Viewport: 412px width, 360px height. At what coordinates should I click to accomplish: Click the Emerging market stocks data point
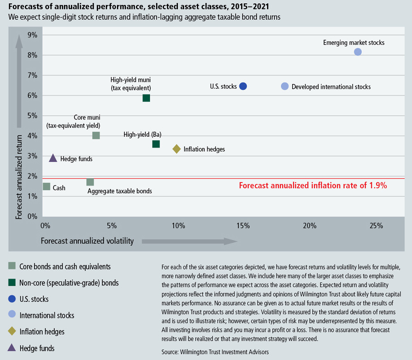358,52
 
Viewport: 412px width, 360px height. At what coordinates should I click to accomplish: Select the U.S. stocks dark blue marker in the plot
243,86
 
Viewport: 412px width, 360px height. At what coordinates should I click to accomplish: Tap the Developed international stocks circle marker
285,86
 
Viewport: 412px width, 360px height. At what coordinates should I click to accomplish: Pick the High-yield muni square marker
146,98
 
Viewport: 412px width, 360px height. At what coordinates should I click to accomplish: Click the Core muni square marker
96,136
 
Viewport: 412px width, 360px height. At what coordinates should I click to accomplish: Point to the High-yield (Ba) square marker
156,144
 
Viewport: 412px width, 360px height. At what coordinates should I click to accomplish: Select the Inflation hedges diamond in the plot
176,149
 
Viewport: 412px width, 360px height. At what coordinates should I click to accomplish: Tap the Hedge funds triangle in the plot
53,158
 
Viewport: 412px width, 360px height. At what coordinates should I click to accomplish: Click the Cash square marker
47,187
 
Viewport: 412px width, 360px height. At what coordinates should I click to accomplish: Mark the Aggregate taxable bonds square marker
90,182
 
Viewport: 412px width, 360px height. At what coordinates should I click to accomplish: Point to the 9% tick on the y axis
33,35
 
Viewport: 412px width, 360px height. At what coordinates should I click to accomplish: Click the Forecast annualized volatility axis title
87,241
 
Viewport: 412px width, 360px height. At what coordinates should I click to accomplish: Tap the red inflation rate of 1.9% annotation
313,186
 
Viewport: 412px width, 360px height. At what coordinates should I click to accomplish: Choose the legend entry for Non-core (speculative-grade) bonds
69,283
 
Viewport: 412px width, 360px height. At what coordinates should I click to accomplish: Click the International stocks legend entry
47,315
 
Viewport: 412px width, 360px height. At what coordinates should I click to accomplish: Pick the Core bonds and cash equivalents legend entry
65,266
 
